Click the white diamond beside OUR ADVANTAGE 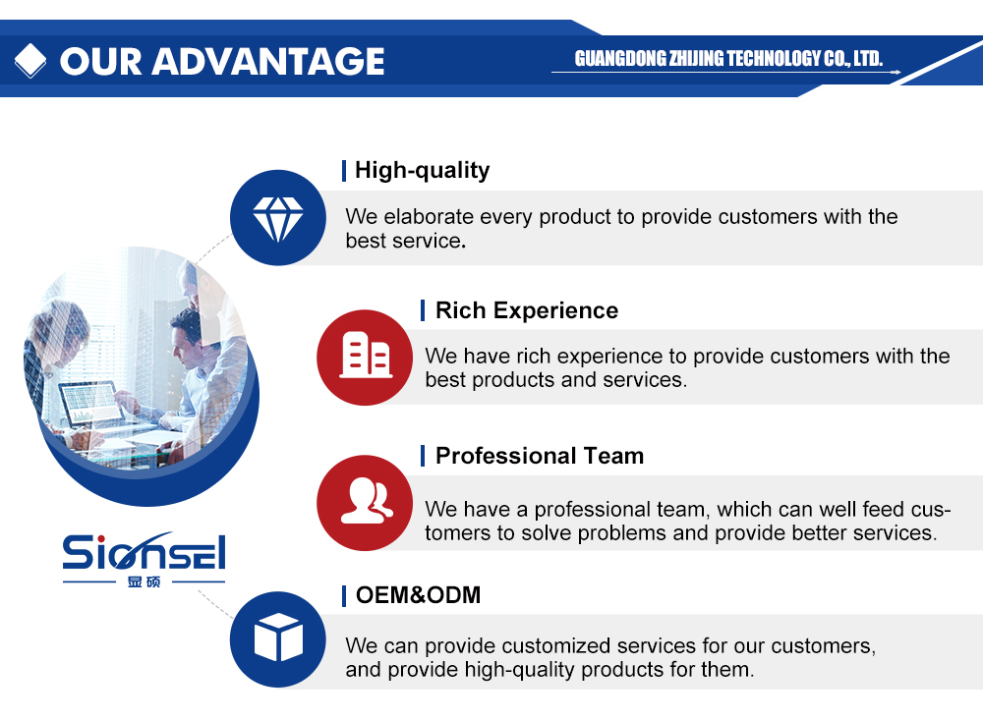pos(30,61)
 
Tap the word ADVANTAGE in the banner pos(267,62)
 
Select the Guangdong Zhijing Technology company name pos(728,58)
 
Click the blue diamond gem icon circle pos(278,217)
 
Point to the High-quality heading pos(422,170)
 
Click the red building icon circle pos(365,358)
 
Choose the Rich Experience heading pos(527,310)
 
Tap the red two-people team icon pos(365,503)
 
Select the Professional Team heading pos(539,456)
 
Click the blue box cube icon pos(278,639)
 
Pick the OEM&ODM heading pos(418,594)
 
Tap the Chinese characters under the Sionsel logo pos(144,582)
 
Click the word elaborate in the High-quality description pos(430,217)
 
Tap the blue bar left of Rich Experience pos(423,310)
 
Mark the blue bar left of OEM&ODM pos(343,596)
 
